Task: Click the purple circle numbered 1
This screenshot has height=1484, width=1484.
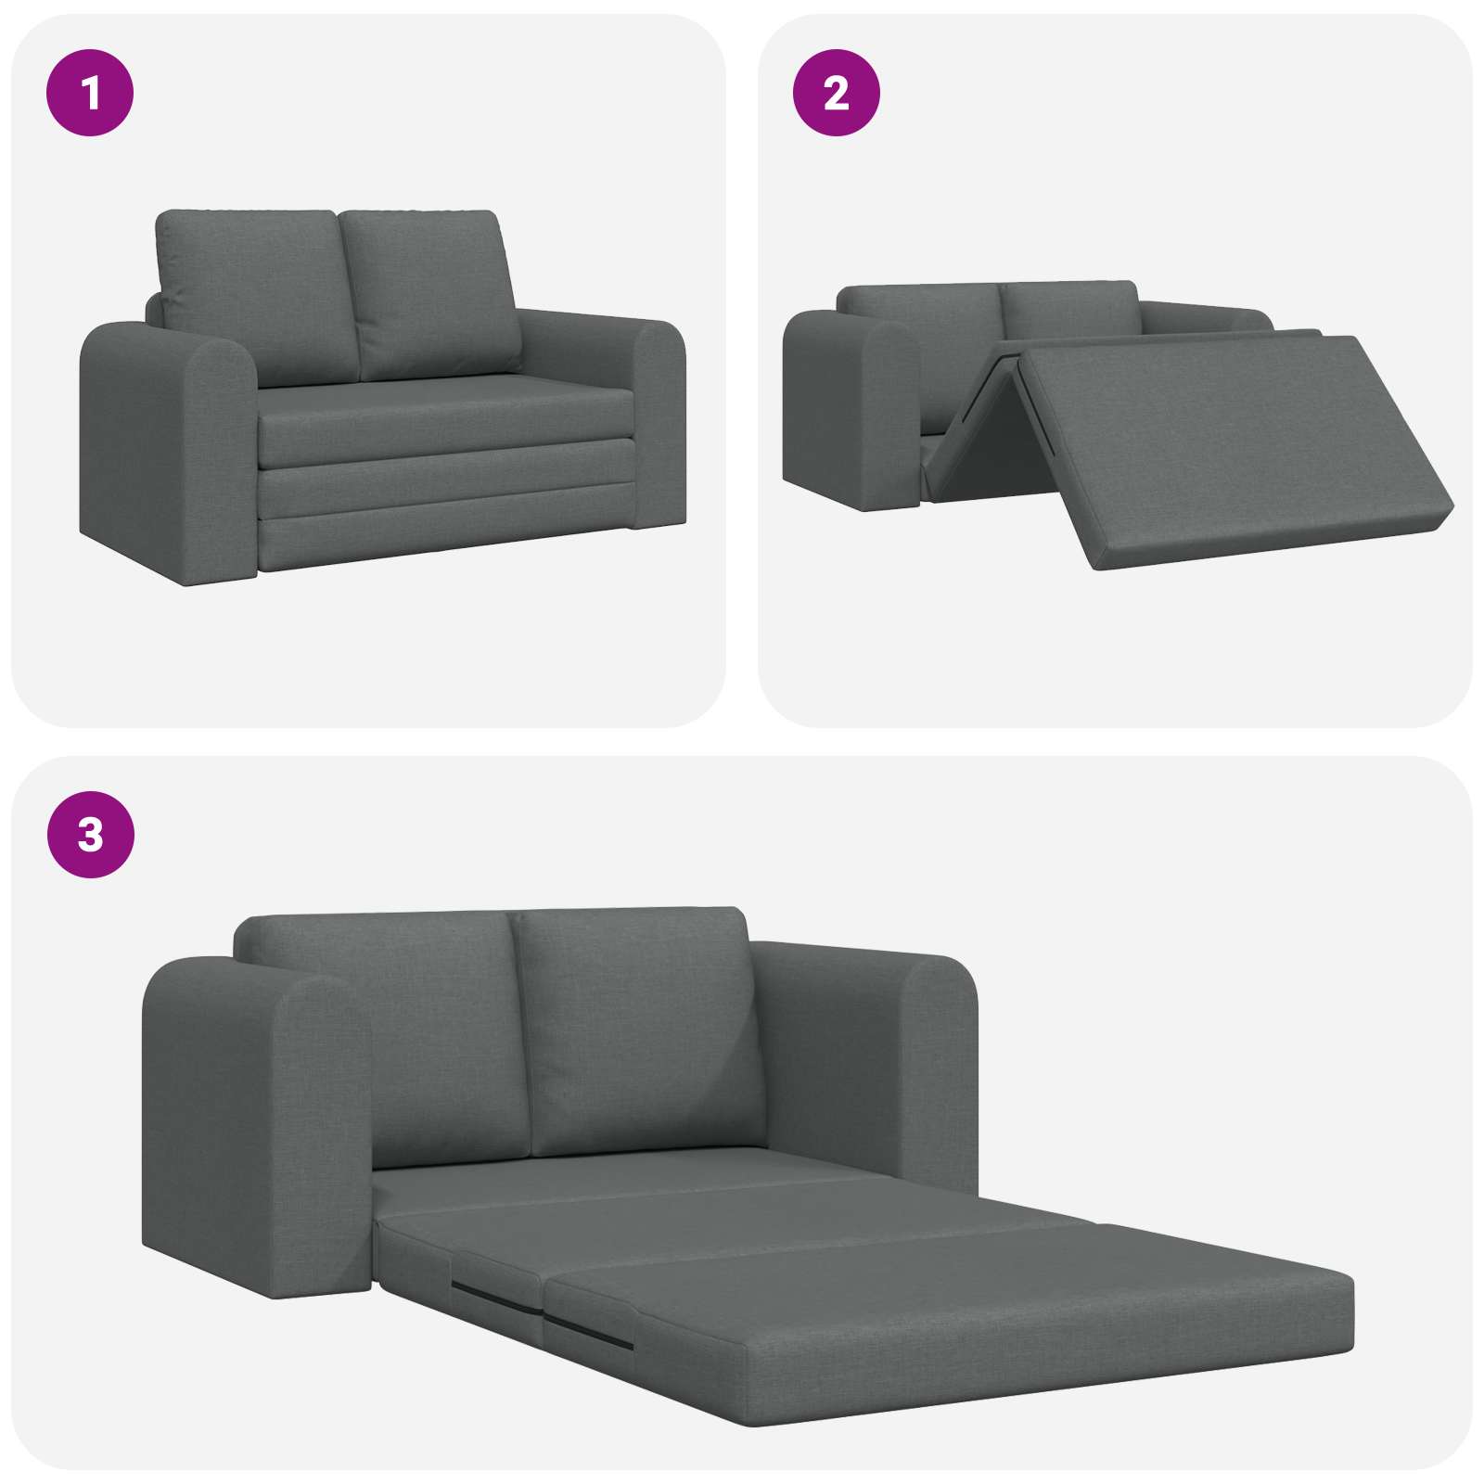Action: (x=90, y=93)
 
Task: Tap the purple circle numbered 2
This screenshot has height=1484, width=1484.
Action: (x=836, y=93)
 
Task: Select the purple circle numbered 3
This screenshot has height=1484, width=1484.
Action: (x=90, y=834)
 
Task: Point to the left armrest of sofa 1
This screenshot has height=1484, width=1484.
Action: (x=167, y=445)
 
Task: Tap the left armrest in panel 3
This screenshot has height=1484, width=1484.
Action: (x=255, y=1132)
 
